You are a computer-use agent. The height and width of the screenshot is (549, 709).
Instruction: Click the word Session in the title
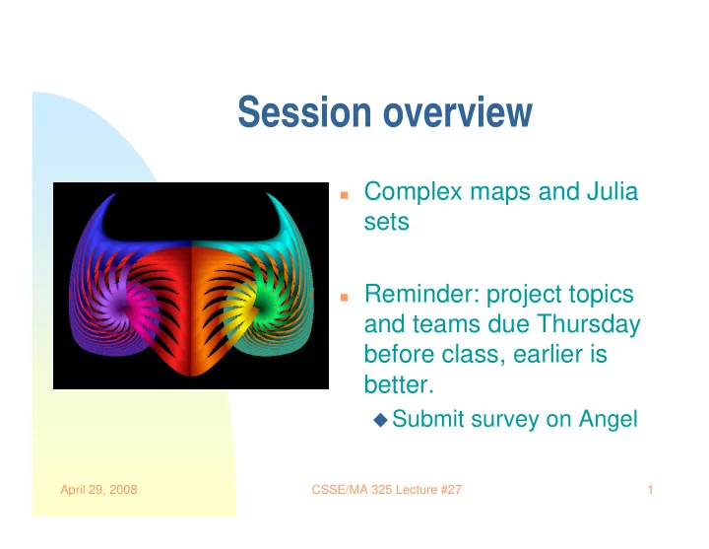point(304,111)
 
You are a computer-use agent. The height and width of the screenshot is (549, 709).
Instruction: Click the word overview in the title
point(458,111)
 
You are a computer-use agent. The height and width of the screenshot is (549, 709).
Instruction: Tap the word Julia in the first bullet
point(612,191)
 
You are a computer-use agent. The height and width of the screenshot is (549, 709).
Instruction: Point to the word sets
point(387,222)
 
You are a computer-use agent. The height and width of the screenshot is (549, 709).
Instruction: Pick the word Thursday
point(588,325)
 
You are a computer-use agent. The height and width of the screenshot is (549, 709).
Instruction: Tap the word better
point(399,384)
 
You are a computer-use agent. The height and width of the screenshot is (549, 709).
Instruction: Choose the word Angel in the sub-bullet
point(609,420)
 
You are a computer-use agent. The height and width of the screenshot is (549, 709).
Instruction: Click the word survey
point(504,420)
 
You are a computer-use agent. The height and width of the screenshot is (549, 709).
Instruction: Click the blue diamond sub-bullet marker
point(381,420)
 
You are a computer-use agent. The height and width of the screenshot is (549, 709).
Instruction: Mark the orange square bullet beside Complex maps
point(344,195)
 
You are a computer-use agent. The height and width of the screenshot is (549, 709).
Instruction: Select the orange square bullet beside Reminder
point(344,298)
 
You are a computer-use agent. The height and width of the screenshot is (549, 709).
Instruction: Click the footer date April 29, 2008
point(98,490)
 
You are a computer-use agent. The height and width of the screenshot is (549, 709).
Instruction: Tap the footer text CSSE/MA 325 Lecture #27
point(387,490)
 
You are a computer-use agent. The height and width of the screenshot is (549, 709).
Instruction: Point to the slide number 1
point(650,490)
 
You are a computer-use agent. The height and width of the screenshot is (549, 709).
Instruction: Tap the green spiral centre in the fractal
point(264,307)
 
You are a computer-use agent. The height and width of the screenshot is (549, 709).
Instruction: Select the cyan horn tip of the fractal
point(268,194)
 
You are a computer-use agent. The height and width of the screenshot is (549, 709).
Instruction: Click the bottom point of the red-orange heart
point(191,375)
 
